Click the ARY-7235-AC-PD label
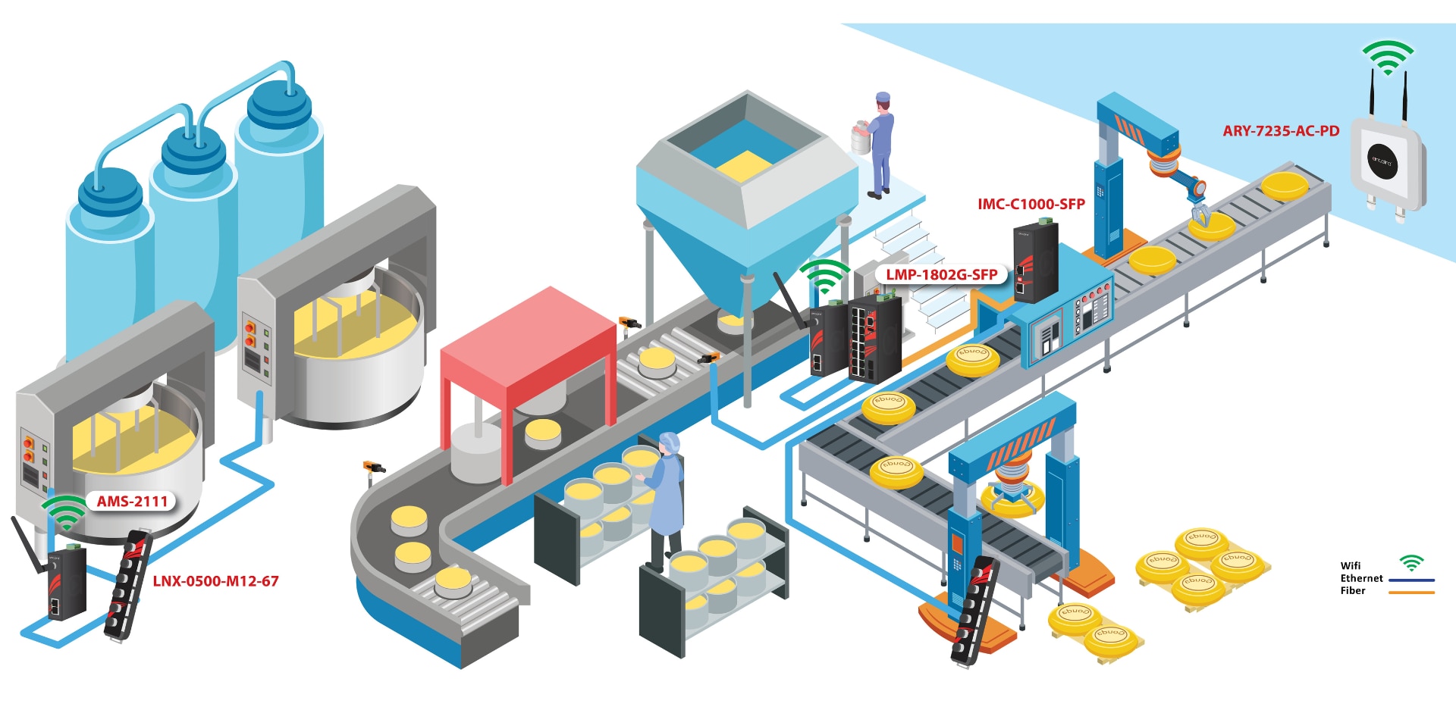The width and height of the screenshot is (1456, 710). click(1280, 131)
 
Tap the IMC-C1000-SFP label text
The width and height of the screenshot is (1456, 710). click(1031, 204)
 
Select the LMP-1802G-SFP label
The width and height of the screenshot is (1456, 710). click(941, 274)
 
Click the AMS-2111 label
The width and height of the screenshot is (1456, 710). click(132, 501)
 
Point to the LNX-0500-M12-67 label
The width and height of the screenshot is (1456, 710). click(215, 581)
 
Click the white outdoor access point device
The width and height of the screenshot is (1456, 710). click(1387, 163)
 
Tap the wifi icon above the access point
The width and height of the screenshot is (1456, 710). click(1388, 57)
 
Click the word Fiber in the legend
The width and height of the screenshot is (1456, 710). click(1352, 591)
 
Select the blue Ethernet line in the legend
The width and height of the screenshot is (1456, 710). click(1411, 580)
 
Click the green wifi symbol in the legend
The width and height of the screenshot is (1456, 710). click(1411, 563)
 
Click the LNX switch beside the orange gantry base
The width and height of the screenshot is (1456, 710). click(974, 611)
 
